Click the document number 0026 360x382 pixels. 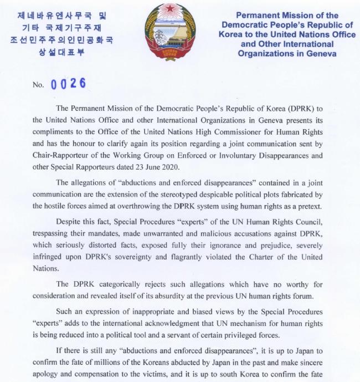pos(68,84)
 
